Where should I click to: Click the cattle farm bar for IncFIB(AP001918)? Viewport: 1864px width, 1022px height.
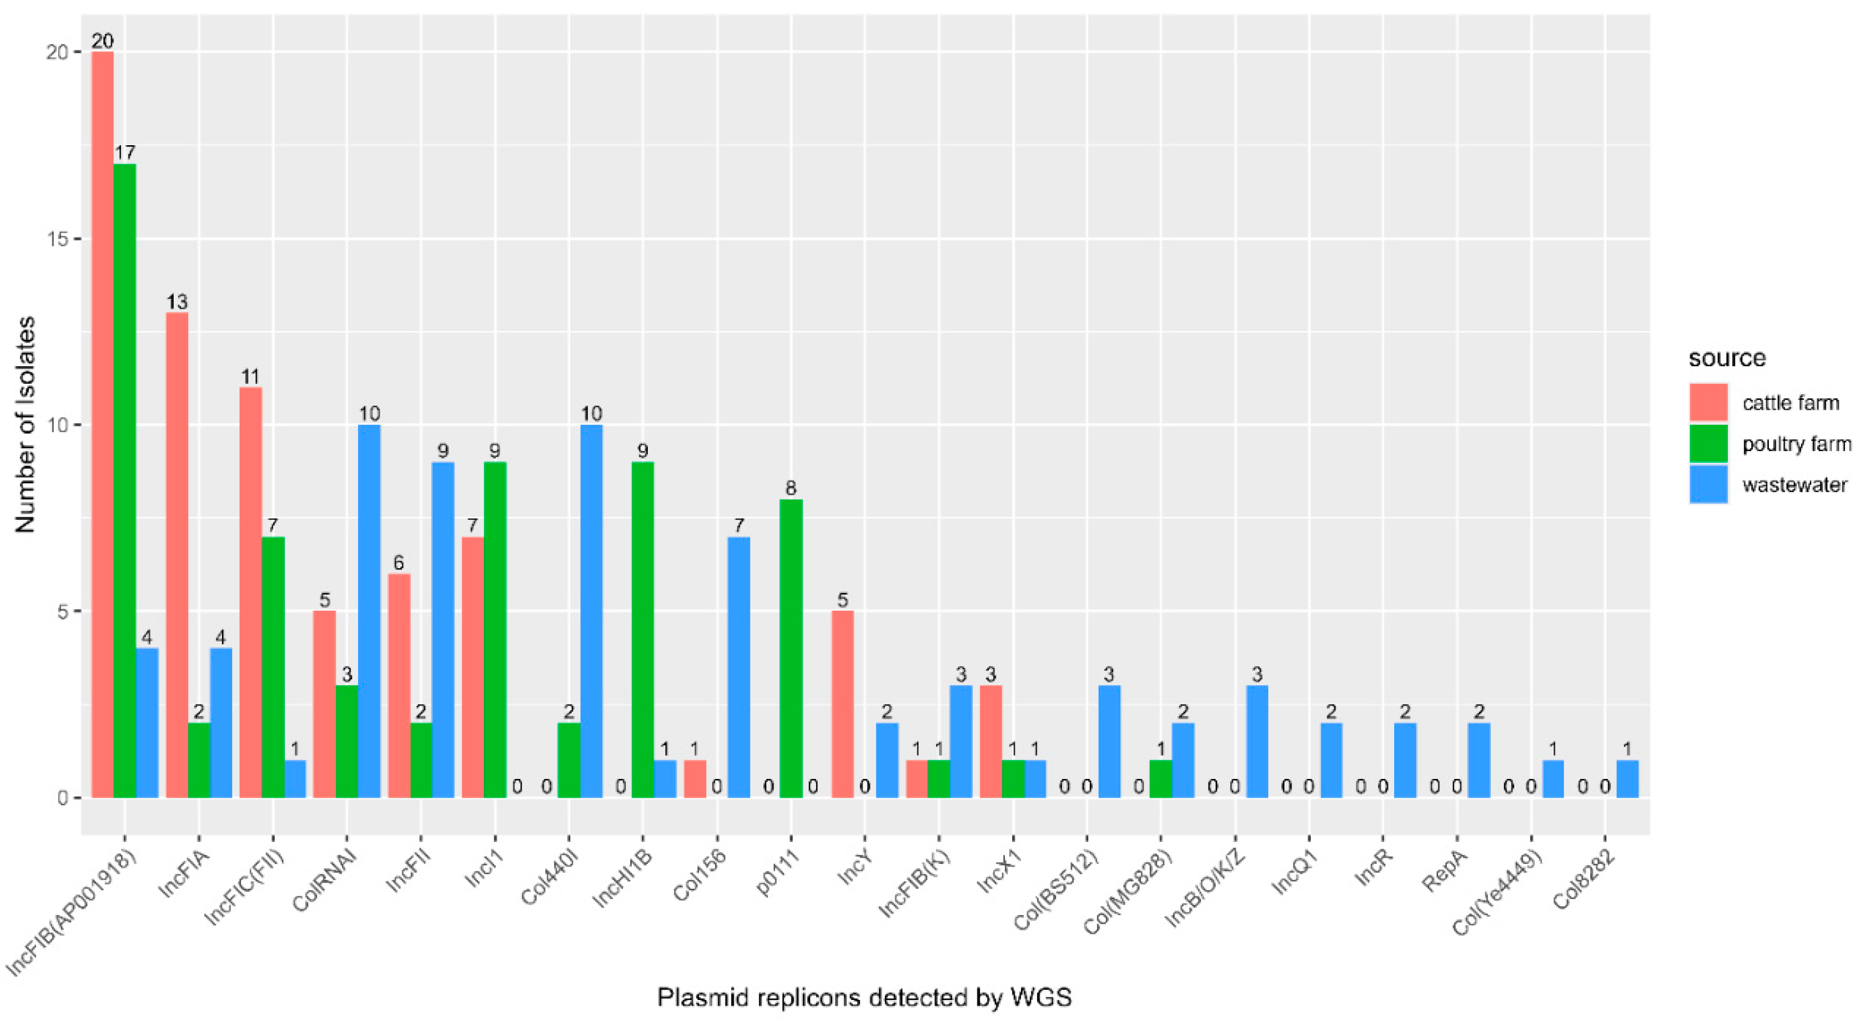point(103,424)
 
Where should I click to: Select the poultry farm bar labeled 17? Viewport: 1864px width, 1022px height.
point(124,481)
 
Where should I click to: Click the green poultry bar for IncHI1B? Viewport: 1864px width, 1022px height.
point(642,630)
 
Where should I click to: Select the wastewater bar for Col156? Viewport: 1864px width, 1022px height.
point(739,667)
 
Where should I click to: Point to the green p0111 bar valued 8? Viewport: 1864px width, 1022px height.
point(791,648)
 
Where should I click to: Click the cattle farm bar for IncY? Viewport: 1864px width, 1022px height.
point(842,704)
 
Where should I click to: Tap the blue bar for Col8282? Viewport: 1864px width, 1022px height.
point(1627,779)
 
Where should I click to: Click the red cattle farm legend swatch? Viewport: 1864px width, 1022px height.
point(1709,403)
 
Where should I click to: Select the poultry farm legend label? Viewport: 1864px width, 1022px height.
point(1796,444)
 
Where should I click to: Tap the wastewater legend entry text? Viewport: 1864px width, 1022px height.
point(1795,484)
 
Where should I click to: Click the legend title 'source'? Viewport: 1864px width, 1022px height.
point(1726,358)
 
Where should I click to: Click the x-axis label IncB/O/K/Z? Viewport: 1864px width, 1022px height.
point(1205,890)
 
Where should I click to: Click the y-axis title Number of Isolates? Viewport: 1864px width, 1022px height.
point(26,424)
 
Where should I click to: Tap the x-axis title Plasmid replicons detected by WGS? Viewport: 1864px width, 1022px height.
point(864,997)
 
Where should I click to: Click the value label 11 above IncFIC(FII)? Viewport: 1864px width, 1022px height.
point(251,376)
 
